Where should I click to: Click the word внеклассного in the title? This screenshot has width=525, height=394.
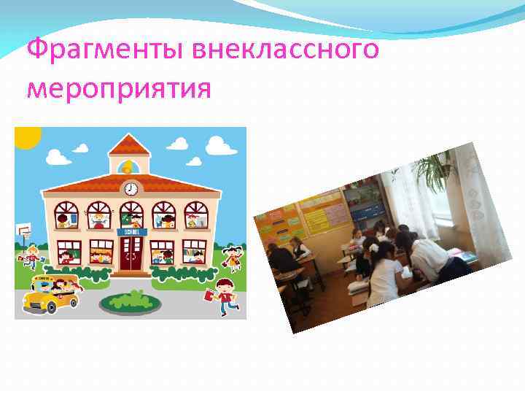tap(286, 51)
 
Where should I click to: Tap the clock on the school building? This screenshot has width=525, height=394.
tap(131, 189)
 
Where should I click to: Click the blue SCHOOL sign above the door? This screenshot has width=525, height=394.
tap(131, 231)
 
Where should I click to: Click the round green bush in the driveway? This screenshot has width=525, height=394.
tap(131, 300)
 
